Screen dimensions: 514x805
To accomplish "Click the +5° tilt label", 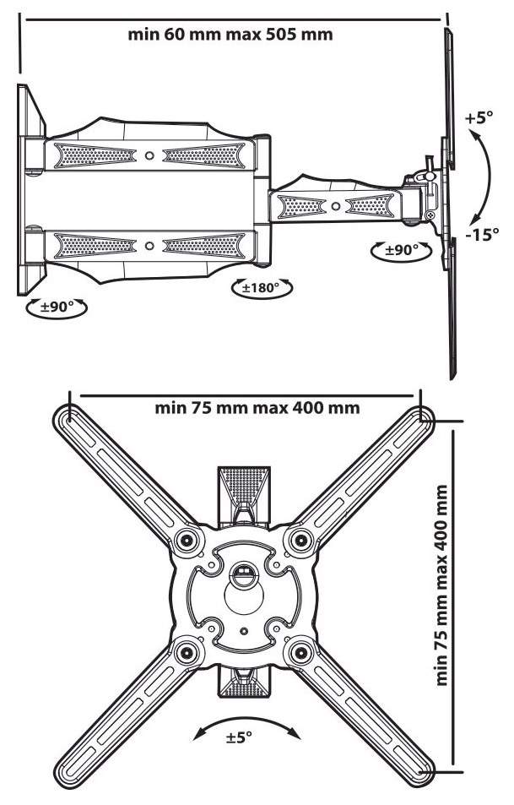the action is point(479,117).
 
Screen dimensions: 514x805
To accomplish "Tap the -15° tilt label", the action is point(482,235).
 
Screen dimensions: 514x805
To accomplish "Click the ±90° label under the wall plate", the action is point(57,307).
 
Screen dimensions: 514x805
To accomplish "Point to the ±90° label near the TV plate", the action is point(402,250).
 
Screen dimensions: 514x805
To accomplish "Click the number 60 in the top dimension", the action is point(176,35).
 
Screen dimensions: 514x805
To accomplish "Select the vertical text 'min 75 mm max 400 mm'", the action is point(441,585).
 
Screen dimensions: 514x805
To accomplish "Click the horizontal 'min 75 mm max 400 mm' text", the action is point(257,408).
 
